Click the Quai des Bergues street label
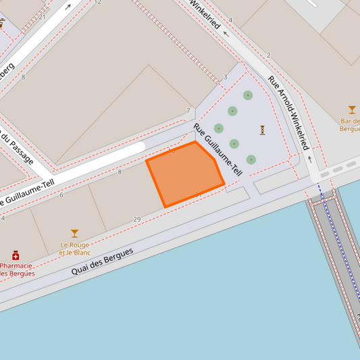(103, 261)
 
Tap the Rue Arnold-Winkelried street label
(288, 112)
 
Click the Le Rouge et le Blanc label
(74, 249)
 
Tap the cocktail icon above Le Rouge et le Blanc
(74, 234)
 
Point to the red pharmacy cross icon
(16, 255)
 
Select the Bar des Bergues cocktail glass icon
(352, 109)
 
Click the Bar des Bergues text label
(350, 124)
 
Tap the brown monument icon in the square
(262, 130)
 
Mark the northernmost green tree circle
(248, 95)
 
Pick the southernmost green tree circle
(251, 159)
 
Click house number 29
(137, 220)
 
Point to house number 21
(43, 16)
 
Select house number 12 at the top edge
(98, 3)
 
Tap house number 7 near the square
(188, 111)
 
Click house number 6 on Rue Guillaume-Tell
(61, 195)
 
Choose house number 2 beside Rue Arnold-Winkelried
(268, 55)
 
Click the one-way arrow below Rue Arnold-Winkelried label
(310, 159)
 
